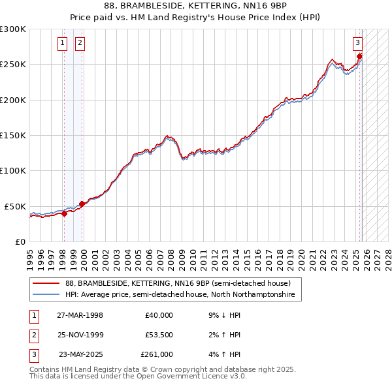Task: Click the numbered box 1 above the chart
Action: pos(62,44)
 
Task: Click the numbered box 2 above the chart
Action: pos(80,44)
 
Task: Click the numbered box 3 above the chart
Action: pos(358,44)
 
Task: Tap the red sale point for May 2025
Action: pos(360,57)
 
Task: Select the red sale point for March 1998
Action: pos(64,213)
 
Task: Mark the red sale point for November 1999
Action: pos(82,204)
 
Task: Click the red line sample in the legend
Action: pos(46,283)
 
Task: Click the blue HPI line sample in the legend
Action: pos(46,295)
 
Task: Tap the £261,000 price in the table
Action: pos(157,354)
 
